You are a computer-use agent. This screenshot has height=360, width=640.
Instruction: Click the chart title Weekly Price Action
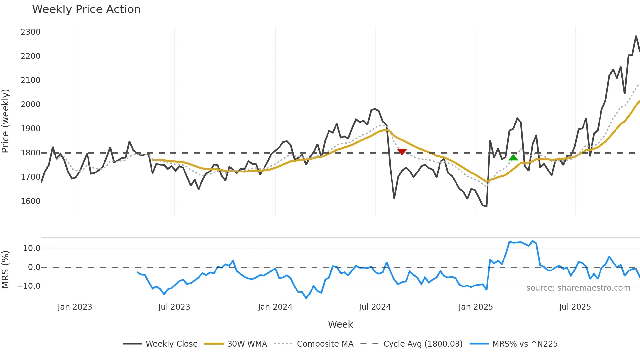86,9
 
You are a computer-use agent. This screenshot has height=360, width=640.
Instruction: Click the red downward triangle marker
402,152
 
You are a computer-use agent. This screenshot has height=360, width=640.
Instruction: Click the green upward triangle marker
513,158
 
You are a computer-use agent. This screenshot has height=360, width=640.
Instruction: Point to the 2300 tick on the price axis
30,32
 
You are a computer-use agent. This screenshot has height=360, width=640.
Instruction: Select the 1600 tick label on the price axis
30,201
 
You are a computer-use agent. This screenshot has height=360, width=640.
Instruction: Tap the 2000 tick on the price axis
30,105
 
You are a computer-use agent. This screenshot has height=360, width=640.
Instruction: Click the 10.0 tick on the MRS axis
32,248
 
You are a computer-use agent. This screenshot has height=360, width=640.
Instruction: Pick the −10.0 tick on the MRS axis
29,286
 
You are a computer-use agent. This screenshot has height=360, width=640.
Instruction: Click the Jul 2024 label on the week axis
375,307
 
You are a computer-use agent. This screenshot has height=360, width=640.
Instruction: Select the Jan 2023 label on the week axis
75,307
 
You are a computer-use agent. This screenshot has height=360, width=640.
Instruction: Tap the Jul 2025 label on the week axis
575,307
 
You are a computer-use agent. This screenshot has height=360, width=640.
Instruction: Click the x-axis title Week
340,324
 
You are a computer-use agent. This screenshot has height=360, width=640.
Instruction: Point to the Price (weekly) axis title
6,121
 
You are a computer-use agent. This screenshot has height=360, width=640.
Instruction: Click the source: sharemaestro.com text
578,288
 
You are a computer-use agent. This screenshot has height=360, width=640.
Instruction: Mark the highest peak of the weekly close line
636,36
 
